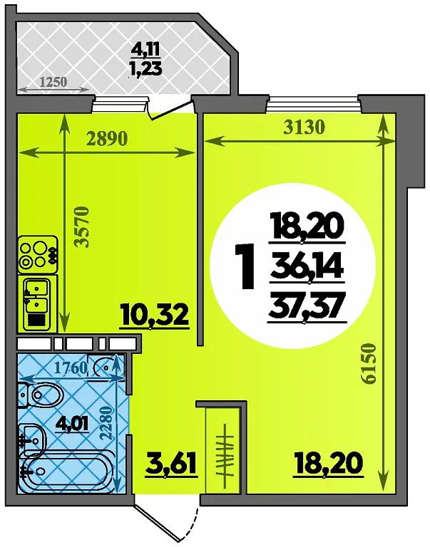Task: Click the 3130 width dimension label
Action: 304,127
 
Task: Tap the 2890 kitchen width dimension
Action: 107,139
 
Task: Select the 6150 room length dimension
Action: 369,364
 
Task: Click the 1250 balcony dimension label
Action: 53,82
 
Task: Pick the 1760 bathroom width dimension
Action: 71,368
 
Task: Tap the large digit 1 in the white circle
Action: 245,267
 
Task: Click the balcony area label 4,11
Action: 145,51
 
